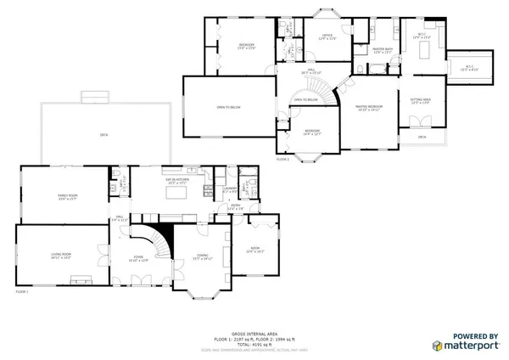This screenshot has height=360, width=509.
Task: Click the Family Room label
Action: point(67,197)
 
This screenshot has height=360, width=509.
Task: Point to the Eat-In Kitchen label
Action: point(176,183)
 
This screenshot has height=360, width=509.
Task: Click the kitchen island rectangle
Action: point(176,195)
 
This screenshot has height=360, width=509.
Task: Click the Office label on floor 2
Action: point(326,37)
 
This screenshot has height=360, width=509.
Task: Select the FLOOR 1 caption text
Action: point(22,292)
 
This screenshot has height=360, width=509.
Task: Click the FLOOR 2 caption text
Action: point(282,159)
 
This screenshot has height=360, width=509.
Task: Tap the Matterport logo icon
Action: point(437,346)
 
